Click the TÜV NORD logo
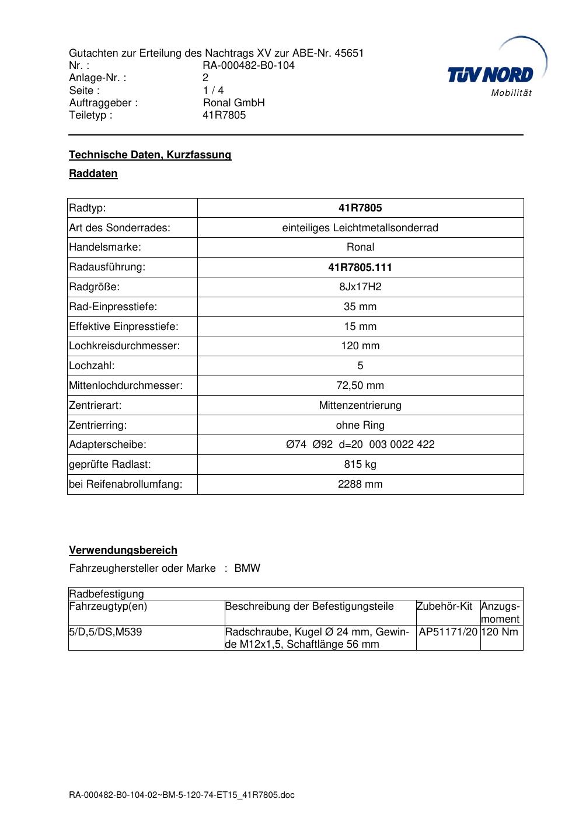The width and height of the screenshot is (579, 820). click(491, 74)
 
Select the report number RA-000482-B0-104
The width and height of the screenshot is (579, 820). click(248, 65)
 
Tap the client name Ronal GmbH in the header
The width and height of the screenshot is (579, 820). click(233, 103)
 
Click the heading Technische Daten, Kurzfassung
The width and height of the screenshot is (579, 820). click(150, 155)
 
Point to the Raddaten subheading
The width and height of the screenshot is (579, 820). click(93, 173)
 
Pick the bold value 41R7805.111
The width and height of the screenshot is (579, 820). click(360, 267)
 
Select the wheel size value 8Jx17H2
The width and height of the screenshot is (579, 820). click(360, 287)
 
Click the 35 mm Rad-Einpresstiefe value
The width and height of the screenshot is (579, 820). click(360, 307)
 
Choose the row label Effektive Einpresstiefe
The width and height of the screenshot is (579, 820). click(124, 326)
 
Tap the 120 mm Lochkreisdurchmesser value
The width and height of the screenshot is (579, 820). click(360, 346)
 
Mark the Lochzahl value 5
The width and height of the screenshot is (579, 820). click(360, 366)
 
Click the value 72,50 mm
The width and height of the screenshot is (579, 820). click(360, 385)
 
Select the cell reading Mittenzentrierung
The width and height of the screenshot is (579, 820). click(360, 405)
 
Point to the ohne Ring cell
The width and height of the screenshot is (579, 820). click(360, 425)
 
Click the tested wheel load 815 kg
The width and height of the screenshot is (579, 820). click(360, 464)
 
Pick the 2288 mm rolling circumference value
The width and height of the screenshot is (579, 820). click(360, 484)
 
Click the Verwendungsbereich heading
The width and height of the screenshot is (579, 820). click(123, 550)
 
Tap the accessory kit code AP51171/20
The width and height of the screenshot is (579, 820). click(448, 632)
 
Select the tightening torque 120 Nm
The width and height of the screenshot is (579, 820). click(500, 632)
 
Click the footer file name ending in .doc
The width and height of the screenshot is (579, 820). click(182, 795)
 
